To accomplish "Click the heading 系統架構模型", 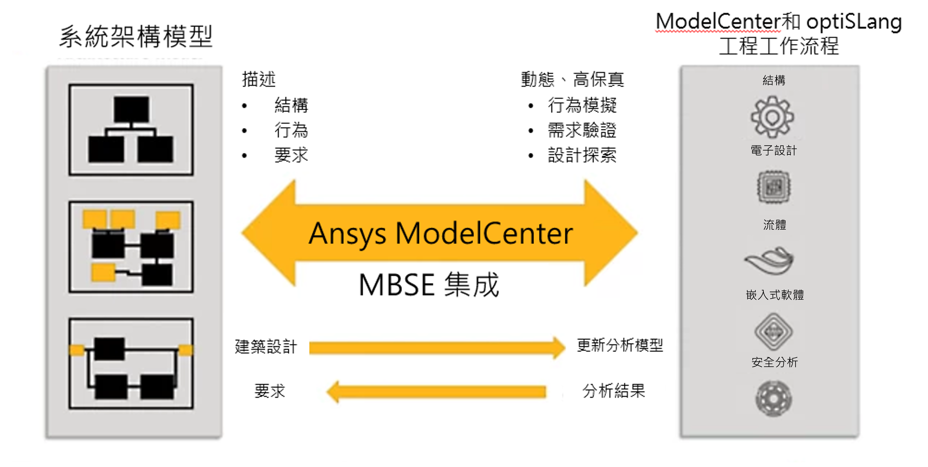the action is (136, 36).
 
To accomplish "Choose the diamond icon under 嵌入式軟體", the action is (773, 331).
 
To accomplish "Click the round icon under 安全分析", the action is (773, 399).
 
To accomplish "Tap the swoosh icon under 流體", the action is (769, 260).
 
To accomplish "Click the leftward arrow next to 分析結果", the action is (436, 392).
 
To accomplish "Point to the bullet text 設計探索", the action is (582, 155).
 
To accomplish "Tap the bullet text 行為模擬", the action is (582, 105).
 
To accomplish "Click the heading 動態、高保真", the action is (572, 79).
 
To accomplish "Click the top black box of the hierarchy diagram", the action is (131, 109).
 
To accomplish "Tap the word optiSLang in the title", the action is (854, 22).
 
